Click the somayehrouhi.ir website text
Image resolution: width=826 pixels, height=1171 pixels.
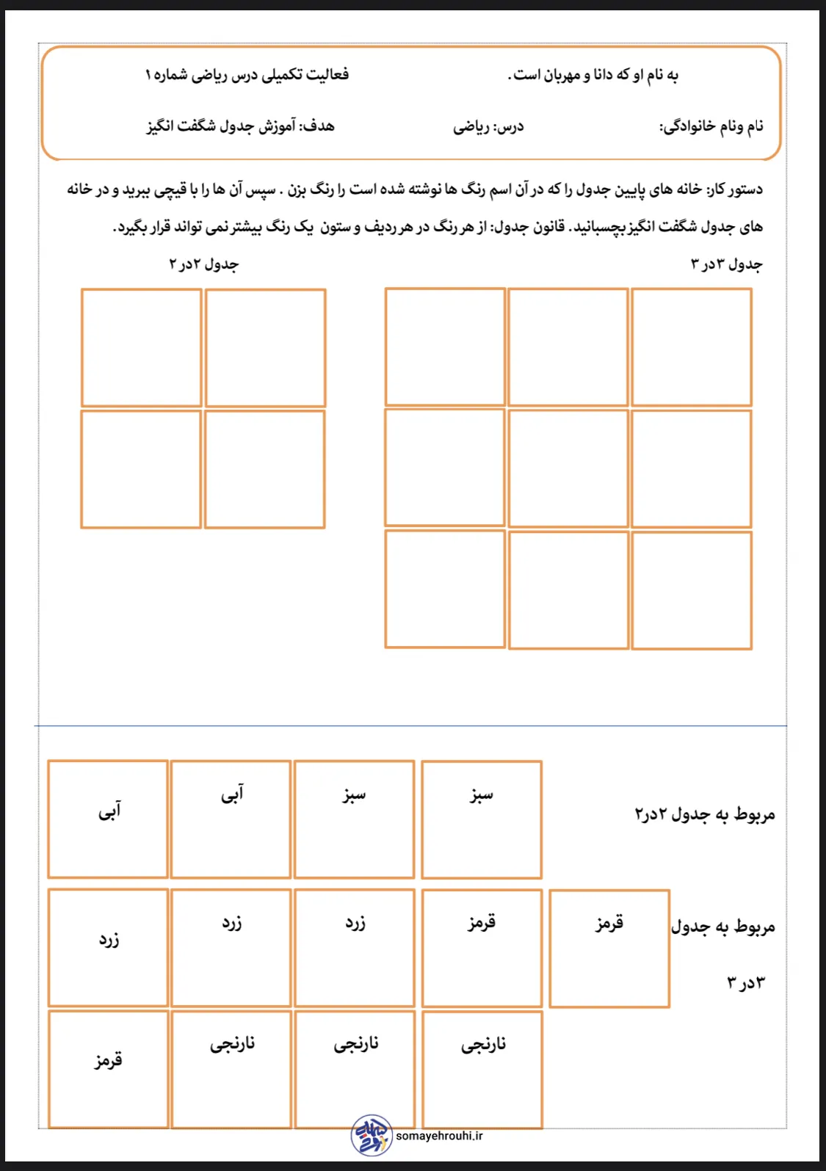(x=439, y=1136)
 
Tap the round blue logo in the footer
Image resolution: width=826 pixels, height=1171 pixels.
(x=372, y=1134)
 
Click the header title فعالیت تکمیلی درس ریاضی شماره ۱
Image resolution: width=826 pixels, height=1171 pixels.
(x=247, y=75)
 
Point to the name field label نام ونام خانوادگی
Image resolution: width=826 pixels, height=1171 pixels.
(x=711, y=127)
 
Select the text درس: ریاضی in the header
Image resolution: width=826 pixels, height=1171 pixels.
(x=488, y=127)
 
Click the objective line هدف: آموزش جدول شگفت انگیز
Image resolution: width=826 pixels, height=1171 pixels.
(x=240, y=126)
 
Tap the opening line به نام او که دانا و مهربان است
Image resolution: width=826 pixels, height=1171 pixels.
(x=593, y=75)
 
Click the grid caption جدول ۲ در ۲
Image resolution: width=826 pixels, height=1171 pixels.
(x=204, y=264)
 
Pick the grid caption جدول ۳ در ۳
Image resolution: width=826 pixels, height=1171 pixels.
(x=726, y=264)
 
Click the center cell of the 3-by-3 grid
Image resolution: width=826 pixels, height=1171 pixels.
(x=568, y=468)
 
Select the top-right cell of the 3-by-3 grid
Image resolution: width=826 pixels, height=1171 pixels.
(x=691, y=347)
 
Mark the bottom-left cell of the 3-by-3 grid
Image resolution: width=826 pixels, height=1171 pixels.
(x=445, y=589)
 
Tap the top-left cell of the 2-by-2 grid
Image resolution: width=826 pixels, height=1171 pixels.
(x=142, y=347)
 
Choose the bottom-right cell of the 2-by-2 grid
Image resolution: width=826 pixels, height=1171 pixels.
(x=264, y=469)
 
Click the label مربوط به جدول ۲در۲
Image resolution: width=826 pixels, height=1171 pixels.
(x=704, y=815)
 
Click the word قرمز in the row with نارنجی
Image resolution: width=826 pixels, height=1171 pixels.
(x=108, y=1060)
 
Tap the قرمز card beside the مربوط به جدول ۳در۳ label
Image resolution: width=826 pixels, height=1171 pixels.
(x=609, y=947)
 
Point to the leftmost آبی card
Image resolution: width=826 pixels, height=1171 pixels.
(x=108, y=819)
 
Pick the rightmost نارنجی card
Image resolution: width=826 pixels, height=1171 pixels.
(x=482, y=1068)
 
